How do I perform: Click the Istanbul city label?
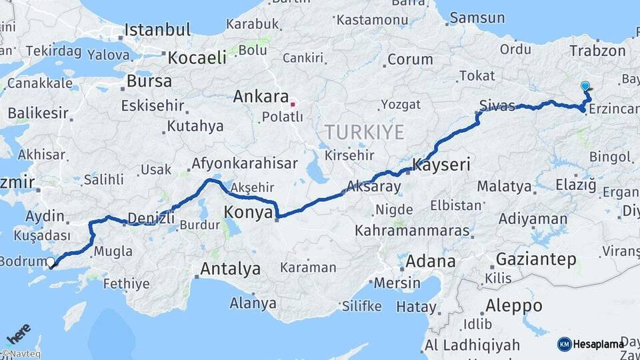click(x=157, y=30)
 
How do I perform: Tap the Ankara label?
click(x=260, y=97)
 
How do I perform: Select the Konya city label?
click(x=249, y=213)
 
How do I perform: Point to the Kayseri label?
click(x=441, y=164)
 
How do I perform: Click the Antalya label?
click(x=230, y=269)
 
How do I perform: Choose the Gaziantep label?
click(x=536, y=260)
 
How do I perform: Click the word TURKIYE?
click(x=365, y=132)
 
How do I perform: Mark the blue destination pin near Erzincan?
click(x=585, y=87)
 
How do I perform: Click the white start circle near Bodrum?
click(x=51, y=262)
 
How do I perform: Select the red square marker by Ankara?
click(x=292, y=104)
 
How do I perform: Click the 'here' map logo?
click(x=19, y=332)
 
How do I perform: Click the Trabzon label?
click(x=598, y=51)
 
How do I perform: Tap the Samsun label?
click(x=477, y=18)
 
